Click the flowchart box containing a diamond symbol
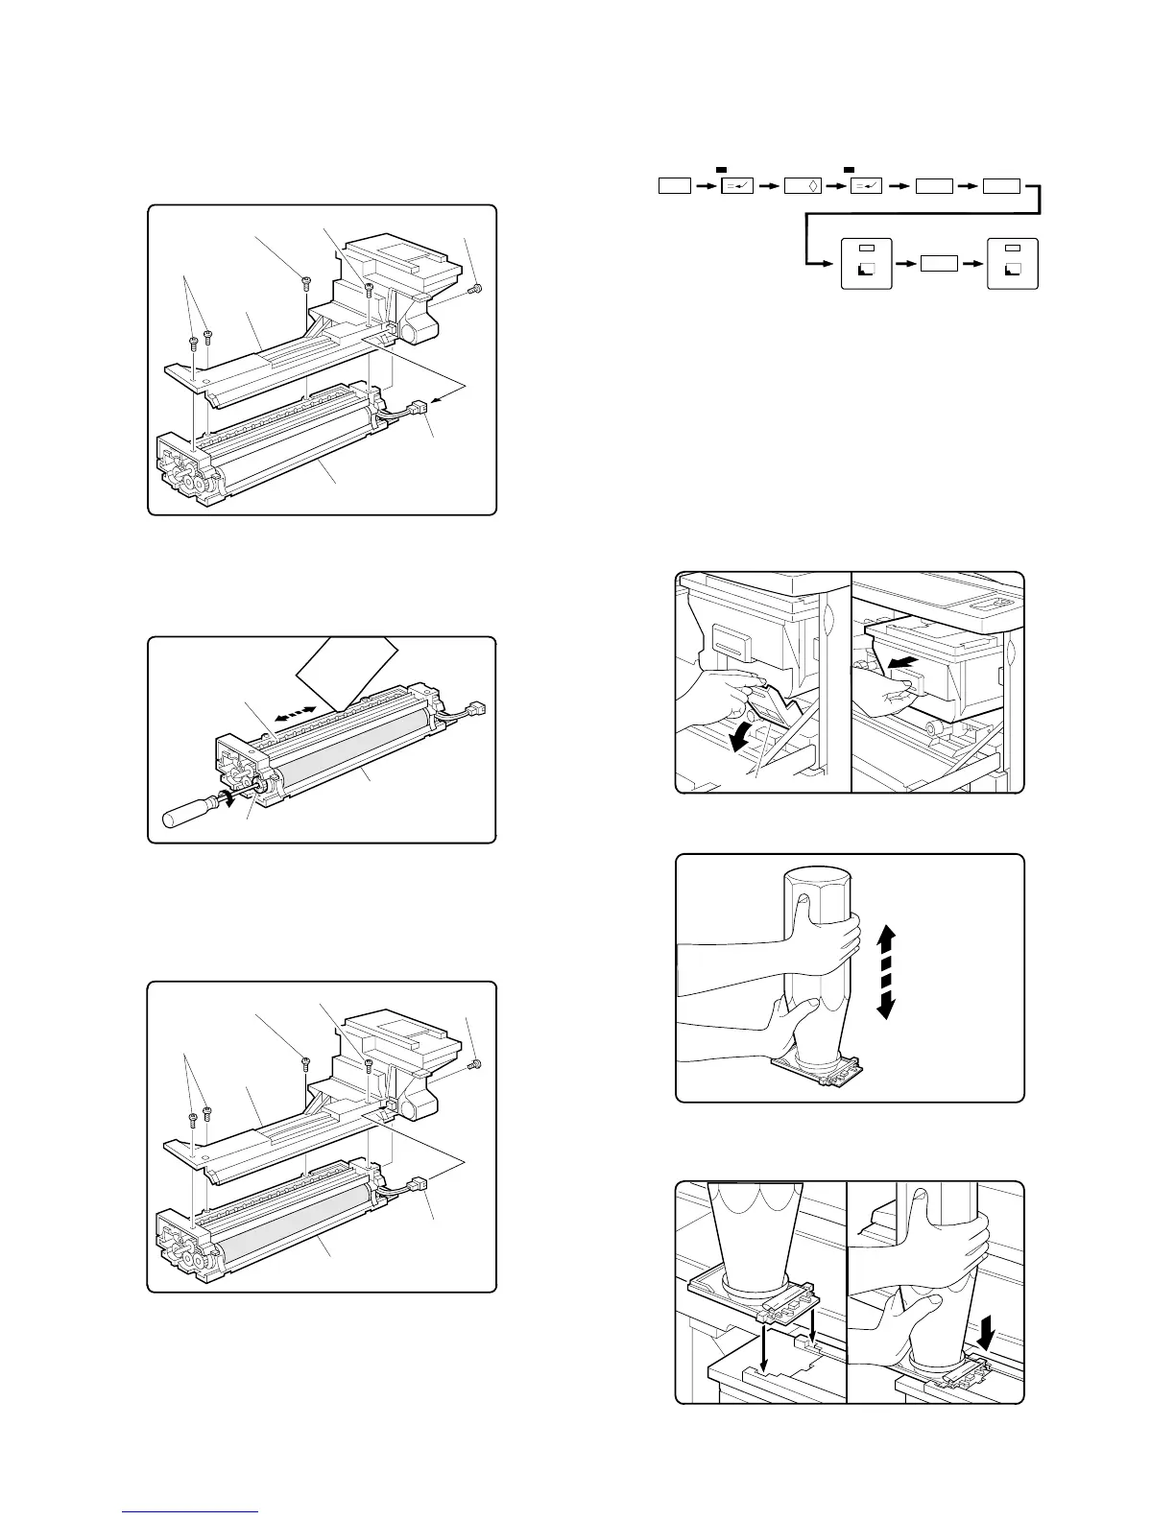pyautogui.click(x=802, y=185)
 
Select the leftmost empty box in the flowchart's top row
pyautogui.click(x=675, y=185)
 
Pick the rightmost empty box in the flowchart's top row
pyautogui.click(x=1001, y=185)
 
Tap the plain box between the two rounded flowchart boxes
pyautogui.click(x=940, y=263)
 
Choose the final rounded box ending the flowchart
pyautogui.click(x=1013, y=262)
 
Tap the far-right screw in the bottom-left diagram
pyautogui.click(x=474, y=1064)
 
